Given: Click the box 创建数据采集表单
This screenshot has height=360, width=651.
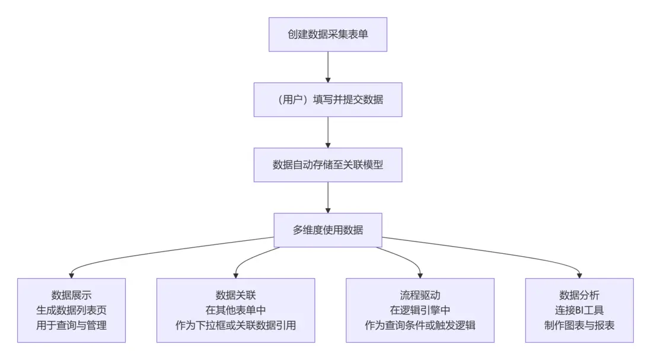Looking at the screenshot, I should click(328, 34).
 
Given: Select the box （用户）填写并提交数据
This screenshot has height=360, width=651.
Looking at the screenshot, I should click(328, 100).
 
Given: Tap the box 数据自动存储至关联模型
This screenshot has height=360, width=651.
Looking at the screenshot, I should click(328, 165).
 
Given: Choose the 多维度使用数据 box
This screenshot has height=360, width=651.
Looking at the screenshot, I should click(328, 230).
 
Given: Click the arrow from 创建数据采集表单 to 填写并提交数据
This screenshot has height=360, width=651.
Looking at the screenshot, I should click(328, 66).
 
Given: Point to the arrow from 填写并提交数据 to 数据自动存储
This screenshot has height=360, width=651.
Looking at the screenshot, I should click(328, 132).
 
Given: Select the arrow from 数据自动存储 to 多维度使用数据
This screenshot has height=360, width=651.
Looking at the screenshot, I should click(328, 197).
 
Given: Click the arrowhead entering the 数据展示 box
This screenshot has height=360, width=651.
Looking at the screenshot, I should click(71, 275).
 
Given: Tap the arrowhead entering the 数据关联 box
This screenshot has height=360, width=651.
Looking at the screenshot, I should click(236, 275).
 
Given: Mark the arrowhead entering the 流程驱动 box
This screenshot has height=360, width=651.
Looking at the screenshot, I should click(420, 275).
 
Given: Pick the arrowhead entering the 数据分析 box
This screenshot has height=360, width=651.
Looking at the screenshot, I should click(579, 275).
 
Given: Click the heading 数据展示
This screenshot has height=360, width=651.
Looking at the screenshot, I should click(71, 295).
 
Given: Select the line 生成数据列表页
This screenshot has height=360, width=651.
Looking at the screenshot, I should click(71, 310).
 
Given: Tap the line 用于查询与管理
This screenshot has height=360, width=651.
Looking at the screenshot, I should click(71, 325).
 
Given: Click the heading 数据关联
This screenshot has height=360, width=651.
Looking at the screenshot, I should click(236, 295).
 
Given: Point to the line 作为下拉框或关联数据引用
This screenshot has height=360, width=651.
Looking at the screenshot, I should click(236, 325).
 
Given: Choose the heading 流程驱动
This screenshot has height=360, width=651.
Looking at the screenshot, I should click(420, 295).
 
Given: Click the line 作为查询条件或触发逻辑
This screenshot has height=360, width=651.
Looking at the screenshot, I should click(420, 325).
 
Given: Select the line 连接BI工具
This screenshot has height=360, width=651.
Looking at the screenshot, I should click(579, 310).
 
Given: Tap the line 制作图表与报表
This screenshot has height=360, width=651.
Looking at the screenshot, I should click(579, 325).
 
